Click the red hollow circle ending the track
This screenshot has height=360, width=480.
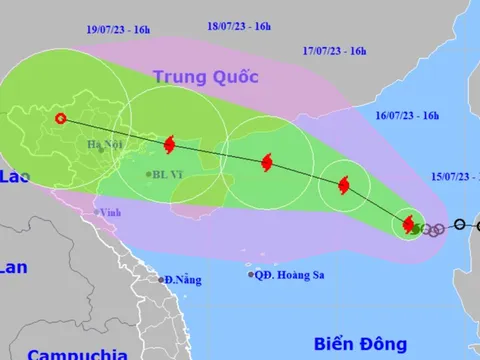click(61, 118)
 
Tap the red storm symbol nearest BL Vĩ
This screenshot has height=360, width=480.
click(167, 145)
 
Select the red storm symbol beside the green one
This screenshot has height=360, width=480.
click(409, 224)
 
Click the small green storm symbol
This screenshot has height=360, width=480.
click(417, 228)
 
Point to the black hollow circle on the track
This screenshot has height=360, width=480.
click(459, 225)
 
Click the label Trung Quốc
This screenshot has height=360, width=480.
click(206, 76)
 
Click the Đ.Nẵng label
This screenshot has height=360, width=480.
click(181, 279)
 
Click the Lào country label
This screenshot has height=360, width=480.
click(11, 177)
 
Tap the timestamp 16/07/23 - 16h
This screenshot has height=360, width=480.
click(395, 116)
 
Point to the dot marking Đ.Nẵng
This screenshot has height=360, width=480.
click(158, 279)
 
